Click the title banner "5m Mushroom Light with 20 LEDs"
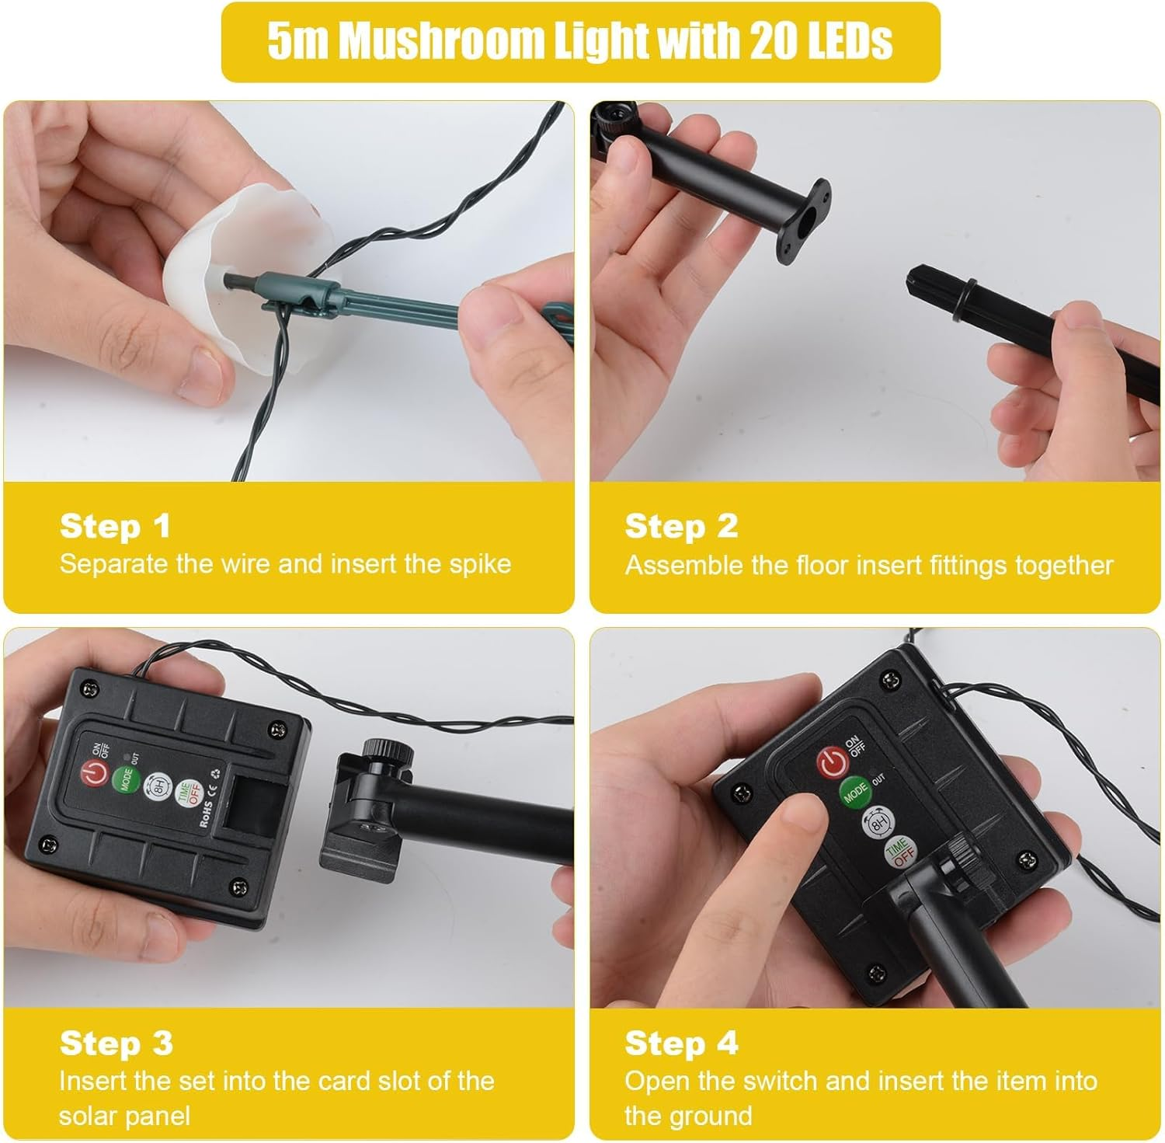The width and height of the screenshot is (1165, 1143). click(x=581, y=42)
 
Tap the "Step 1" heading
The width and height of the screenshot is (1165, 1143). click(x=115, y=526)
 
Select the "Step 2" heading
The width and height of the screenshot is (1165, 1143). click(x=681, y=526)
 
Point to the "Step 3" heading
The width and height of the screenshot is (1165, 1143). click(x=116, y=1043)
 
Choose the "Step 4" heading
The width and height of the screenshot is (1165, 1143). click(x=681, y=1043)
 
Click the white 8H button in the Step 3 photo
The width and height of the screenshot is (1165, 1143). click(x=156, y=786)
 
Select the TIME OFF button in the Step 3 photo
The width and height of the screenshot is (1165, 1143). click(x=186, y=793)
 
